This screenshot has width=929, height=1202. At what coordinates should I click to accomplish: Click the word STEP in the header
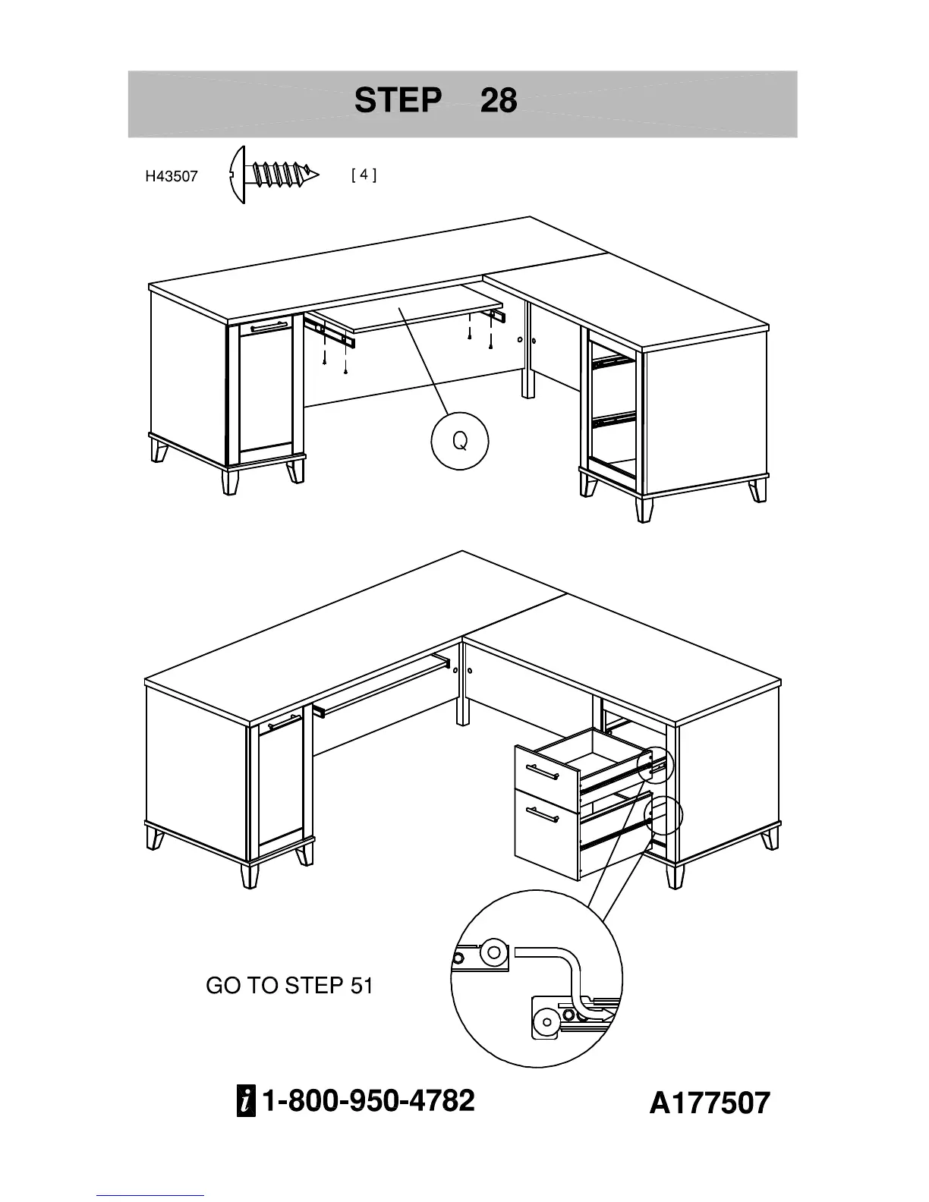point(398,100)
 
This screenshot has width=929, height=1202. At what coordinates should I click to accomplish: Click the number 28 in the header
point(499,100)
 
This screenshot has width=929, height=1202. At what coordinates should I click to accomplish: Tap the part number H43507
point(172,177)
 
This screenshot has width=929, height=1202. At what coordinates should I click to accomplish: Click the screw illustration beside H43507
point(273,175)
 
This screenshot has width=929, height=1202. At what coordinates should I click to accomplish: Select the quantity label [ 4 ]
point(364,175)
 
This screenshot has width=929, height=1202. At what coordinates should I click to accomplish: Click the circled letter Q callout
point(459,441)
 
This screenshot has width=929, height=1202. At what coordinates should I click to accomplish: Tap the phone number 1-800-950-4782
point(368,1100)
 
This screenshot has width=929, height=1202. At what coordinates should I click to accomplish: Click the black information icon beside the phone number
point(246,1102)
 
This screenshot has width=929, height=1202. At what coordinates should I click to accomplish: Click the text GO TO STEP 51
point(289,986)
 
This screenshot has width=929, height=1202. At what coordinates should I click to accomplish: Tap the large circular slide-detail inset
point(537,979)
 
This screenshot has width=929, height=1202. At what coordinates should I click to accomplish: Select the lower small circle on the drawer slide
point(663,815)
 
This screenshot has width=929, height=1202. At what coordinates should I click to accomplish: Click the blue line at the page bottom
point(150,1196)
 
